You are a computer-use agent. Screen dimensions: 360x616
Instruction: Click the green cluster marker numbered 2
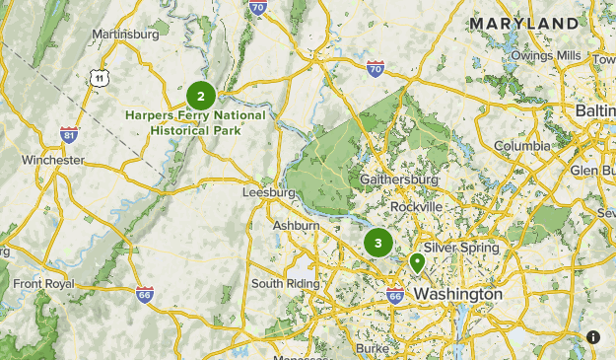201,96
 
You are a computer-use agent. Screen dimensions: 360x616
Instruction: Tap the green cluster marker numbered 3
378,243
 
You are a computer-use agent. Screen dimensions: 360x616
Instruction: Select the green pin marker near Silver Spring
417,262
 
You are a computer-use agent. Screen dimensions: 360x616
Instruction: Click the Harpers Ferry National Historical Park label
195,121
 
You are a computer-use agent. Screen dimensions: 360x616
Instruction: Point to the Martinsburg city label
125,35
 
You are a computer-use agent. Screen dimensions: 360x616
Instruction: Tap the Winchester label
53,160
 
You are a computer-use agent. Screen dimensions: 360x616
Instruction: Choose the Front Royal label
43,284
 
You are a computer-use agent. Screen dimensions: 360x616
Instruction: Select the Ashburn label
296,226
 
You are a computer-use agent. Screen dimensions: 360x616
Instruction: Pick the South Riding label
287,283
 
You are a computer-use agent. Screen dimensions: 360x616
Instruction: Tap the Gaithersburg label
398,180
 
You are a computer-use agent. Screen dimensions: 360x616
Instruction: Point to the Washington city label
457,295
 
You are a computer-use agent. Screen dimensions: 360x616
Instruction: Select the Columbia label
522,146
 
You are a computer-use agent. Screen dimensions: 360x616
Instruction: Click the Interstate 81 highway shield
68,134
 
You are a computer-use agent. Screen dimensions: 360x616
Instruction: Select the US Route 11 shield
99,77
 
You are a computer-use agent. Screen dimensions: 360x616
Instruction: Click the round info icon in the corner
593,337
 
